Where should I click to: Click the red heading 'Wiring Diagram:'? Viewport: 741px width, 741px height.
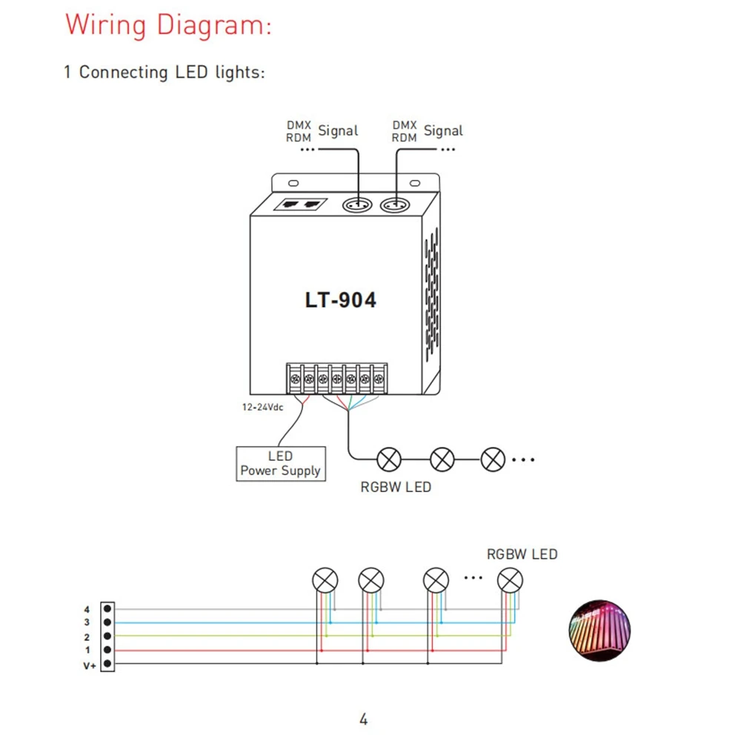(x=168, y=25)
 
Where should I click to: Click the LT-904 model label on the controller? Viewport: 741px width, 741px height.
(x=341, y=300)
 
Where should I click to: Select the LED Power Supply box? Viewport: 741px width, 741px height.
(x=281, y=464)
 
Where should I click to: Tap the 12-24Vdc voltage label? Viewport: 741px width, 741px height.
(x=263, y=407)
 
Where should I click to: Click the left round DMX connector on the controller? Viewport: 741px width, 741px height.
(x=357, y=205)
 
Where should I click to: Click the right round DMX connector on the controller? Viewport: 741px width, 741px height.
(x=395, y=205)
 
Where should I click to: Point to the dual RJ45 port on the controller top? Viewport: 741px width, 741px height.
(x=301, y=205)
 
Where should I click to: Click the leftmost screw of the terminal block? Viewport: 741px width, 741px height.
(x=295, y=379)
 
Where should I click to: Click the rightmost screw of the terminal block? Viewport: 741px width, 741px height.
(x=379, y=379)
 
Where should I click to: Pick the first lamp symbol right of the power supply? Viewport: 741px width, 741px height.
(x=389, y=459)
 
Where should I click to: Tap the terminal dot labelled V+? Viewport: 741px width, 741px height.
(x=107, y=663)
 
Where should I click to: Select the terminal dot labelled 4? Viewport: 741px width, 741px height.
(x=107, y=608)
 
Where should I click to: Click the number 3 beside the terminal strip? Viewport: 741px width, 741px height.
(x=87, y=622)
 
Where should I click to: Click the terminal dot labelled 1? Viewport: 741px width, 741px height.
(x=107, y=650)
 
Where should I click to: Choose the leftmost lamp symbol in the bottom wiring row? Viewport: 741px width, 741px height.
(x=325, y=580)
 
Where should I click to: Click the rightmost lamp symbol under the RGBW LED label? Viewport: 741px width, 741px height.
(x=511, y=580)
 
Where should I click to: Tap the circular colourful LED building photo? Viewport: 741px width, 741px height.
(x=599, y=631)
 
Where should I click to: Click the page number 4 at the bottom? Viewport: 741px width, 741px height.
(x=363, y=720)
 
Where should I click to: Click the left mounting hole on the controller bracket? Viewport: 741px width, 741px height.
(x=293, y=183)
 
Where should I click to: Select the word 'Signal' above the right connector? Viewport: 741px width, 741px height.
(x=443, y=131)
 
